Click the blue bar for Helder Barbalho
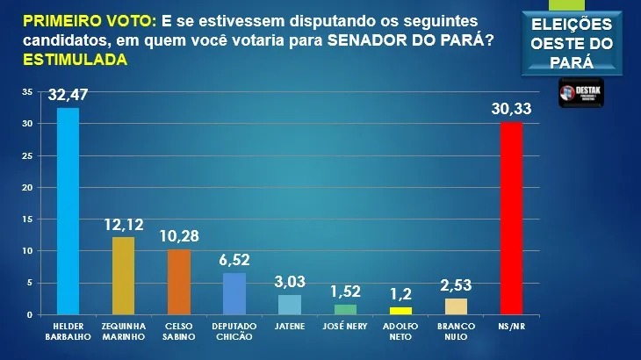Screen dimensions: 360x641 [68, 211]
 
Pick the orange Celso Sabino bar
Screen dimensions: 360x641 [178, 282]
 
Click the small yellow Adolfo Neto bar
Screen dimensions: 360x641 [400, 311]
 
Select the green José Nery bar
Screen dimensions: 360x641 [345, 310]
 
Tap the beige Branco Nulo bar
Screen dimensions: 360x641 [456, 306]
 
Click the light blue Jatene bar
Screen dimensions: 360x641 [289, 305]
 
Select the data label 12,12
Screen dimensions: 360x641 [123, 225]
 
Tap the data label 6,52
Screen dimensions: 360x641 [234, 260]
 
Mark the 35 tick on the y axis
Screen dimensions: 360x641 [28, 92]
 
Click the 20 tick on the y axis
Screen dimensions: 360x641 [28, 188]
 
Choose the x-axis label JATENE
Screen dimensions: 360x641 [289, 327]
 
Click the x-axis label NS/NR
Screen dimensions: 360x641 [511, 327]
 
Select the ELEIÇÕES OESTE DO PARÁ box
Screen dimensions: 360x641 [572, 41]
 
